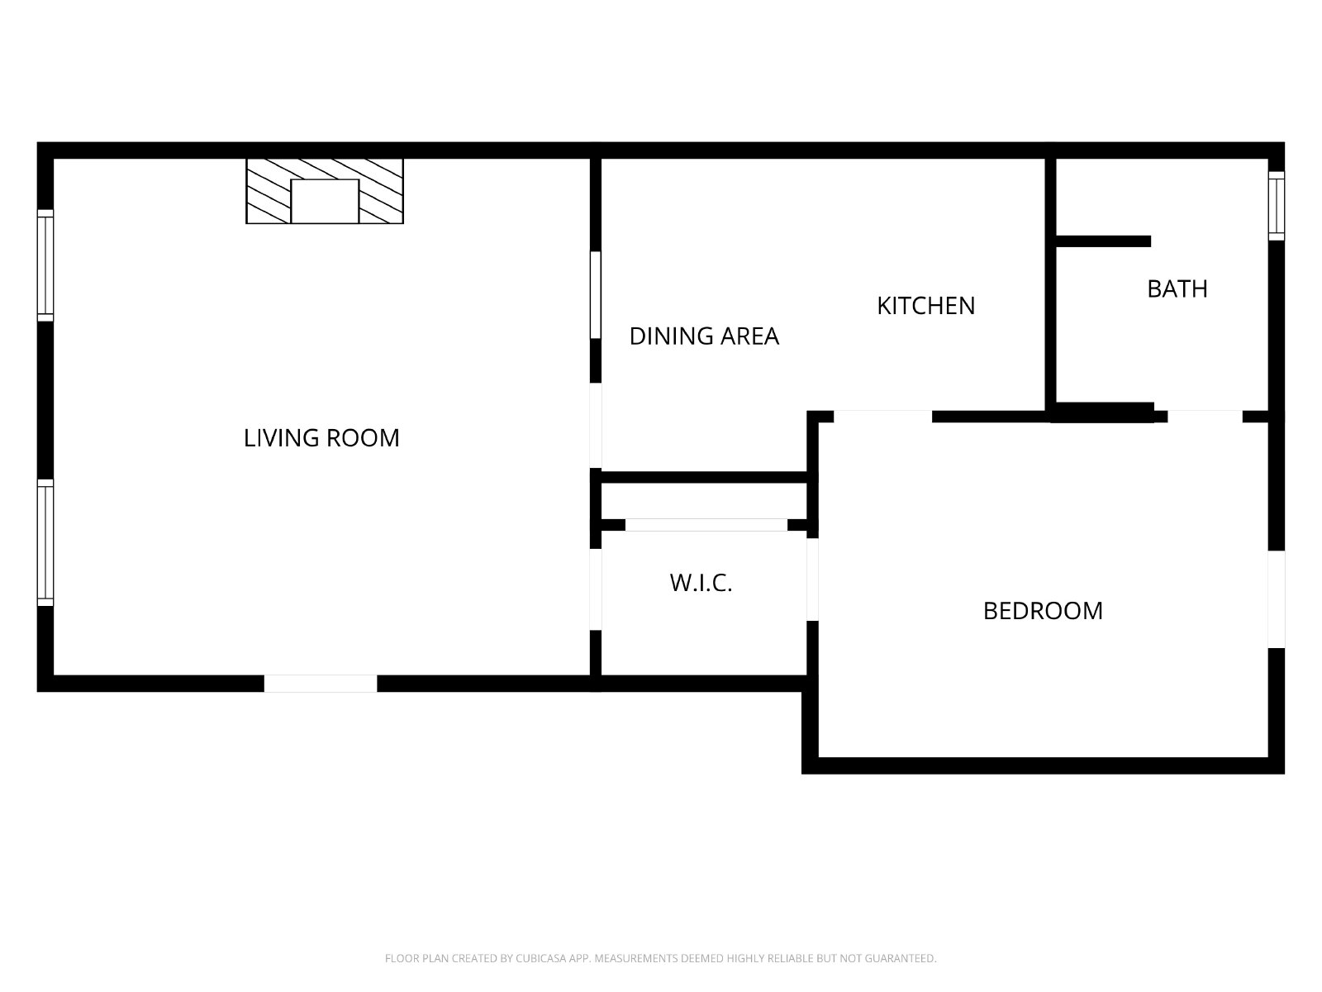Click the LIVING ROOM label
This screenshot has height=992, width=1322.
pos(321,438)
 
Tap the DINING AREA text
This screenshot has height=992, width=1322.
pos(704,336)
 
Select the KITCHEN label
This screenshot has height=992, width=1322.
pos(925,306)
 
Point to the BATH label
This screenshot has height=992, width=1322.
pos(1177,289)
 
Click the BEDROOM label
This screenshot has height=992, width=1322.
pos(1043,611)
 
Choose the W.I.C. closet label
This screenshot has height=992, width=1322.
pos(701,583)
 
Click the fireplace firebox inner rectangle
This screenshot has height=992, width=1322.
pos(325,201)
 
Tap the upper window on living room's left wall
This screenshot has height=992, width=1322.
pos(45,265)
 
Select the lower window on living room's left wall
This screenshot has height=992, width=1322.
pos(45,542)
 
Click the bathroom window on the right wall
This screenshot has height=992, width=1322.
pos(1277,206)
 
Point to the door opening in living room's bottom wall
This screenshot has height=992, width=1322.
pos(321,683)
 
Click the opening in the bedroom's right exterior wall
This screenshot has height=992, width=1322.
pos(1277,599)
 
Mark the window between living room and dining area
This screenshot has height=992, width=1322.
pos(595,294)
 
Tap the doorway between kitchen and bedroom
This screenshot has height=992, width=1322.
pos(882,416)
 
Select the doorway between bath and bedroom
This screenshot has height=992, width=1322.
pos(1205,416)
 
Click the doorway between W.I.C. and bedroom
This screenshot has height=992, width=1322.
pos(812,579)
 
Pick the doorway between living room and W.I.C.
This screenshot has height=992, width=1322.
pos(595,589)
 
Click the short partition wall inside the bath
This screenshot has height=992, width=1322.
pos(1103,241)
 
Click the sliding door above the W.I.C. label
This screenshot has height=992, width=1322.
pos(706,525)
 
